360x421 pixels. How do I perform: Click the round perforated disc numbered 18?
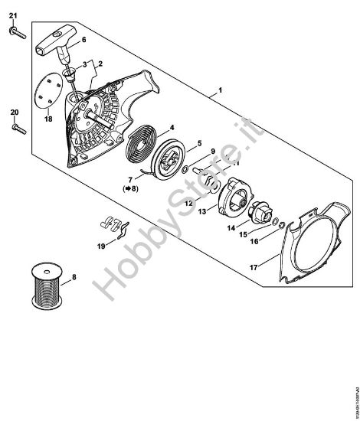point(47,91)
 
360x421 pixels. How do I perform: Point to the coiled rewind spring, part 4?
point(140,148)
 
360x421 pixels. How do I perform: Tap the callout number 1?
point(221,90)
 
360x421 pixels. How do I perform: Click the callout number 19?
point(101,247)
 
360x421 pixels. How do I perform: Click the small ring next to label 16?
point(280,224)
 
